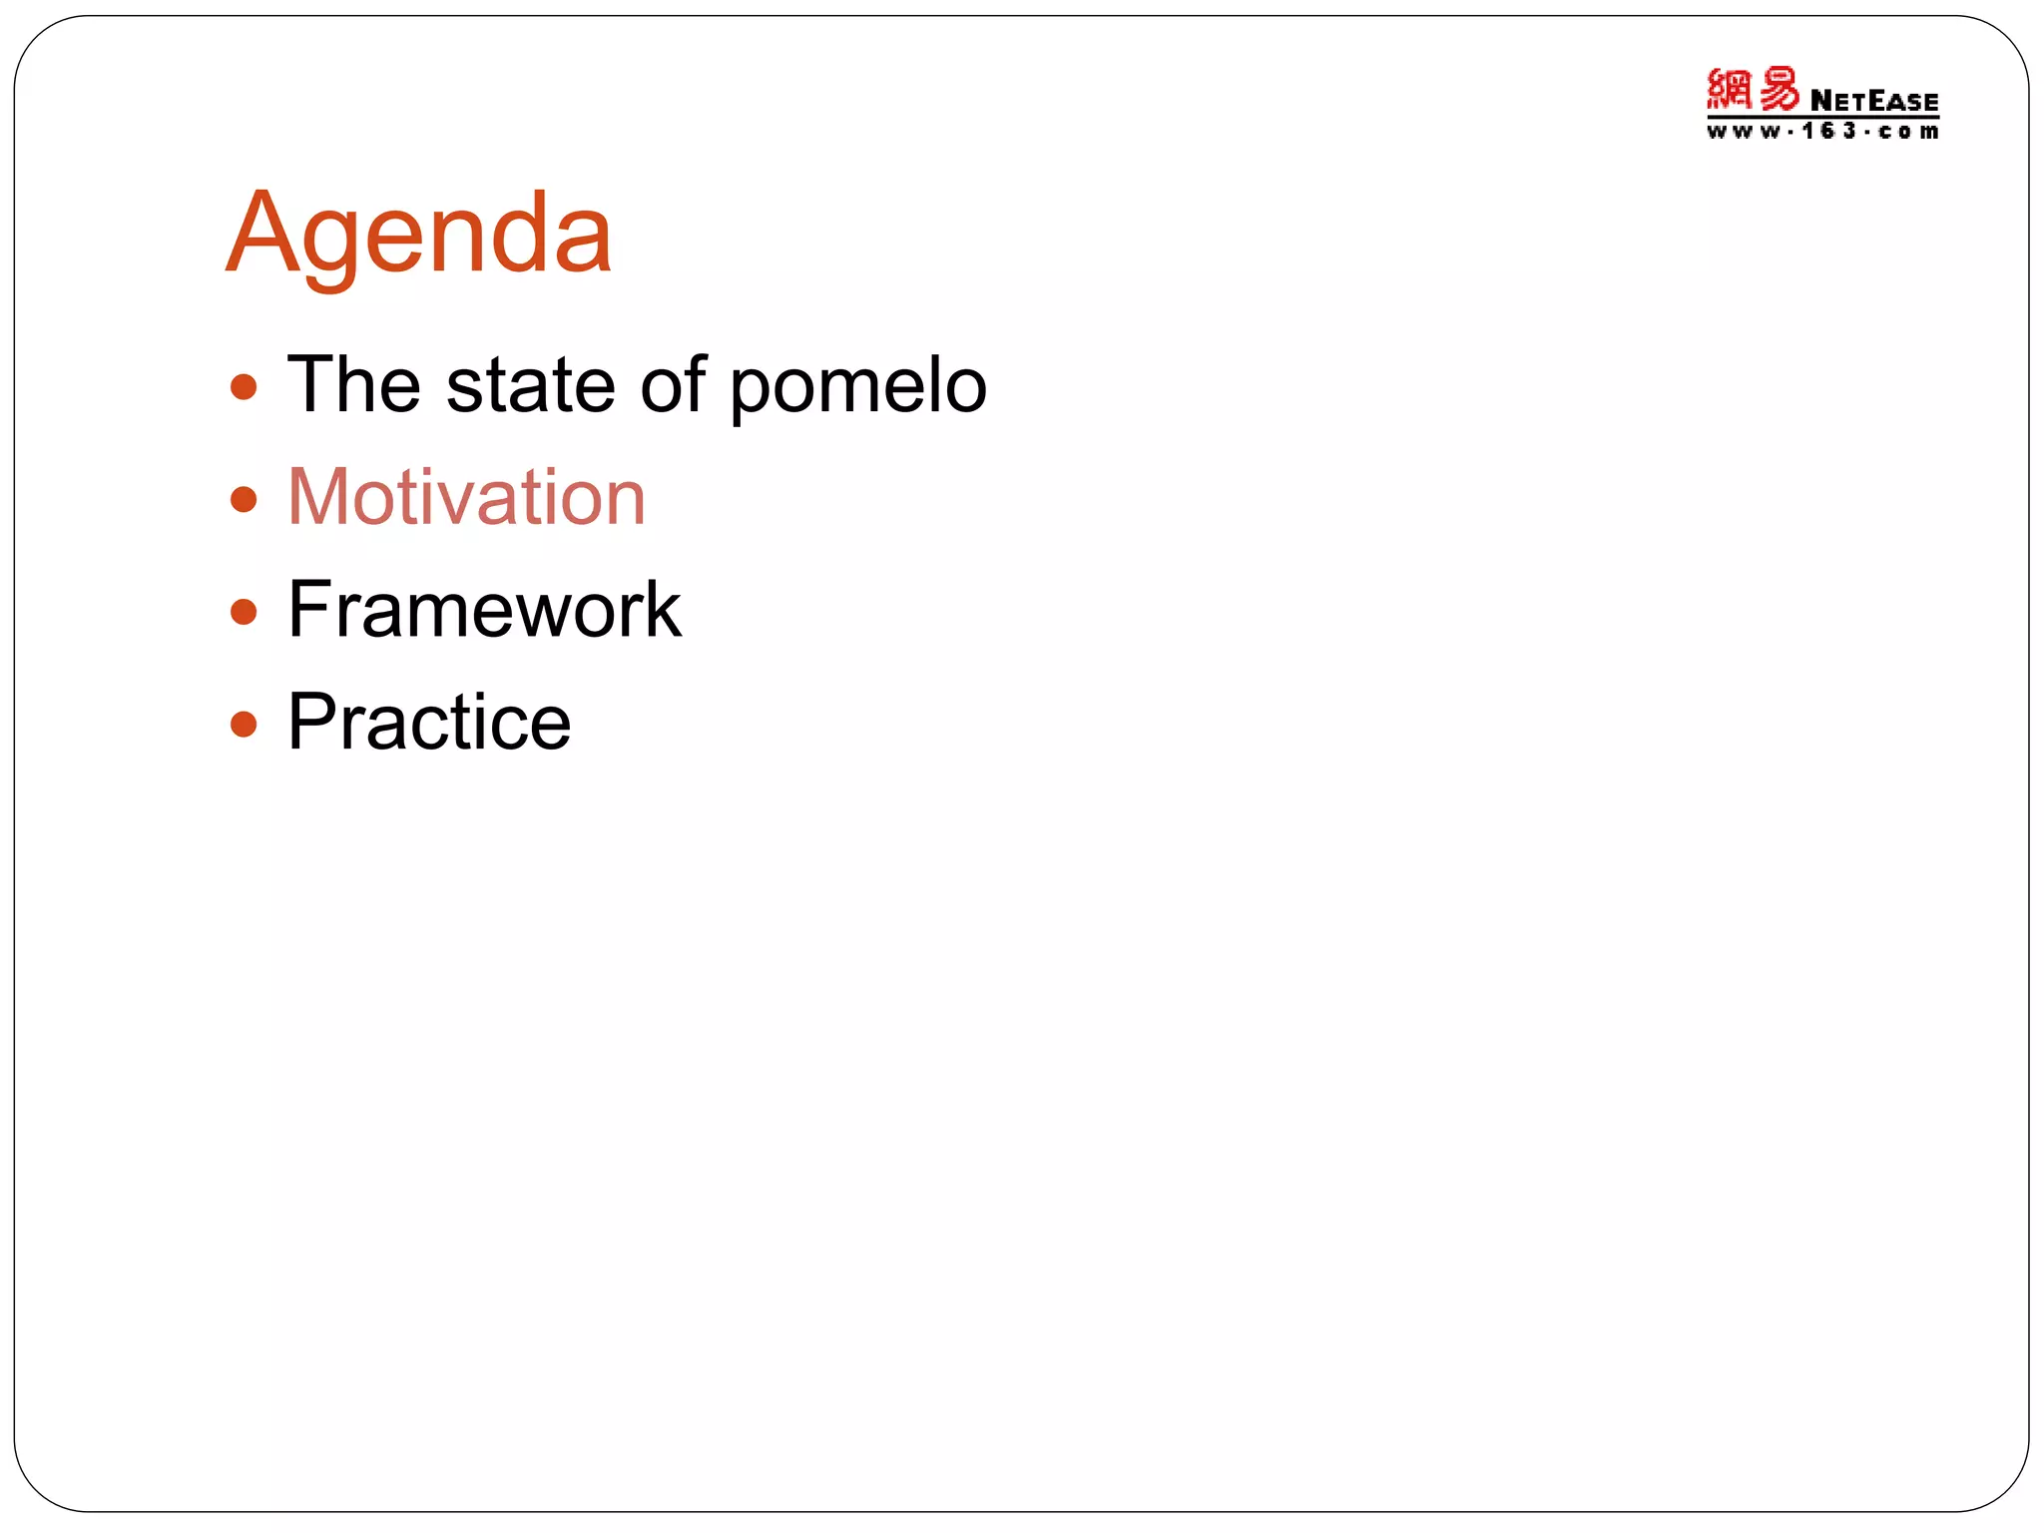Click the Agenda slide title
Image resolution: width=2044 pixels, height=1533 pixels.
(x=419, y=235)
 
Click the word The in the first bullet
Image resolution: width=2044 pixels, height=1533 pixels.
(x=353, y=385)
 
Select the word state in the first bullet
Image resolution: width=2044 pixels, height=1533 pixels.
(x=530, y=385)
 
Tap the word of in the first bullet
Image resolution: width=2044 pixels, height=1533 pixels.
(x=673, y=385)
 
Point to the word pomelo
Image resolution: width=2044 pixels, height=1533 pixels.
(x=858, y=389)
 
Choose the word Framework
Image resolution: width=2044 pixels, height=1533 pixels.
(x=484, y=610)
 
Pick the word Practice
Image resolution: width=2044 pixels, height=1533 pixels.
(x=429, y=722)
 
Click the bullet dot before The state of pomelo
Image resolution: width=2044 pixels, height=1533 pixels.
(x=244, y=387)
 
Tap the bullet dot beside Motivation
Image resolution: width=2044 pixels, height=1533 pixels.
(x=244, y=499)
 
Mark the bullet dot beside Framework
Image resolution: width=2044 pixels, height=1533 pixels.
(x=244, y=611)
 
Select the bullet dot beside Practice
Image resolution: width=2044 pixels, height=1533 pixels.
(x=244, y=723)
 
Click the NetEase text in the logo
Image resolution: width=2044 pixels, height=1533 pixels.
(x=1873, y=101)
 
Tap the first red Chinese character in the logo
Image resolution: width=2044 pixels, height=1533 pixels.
(x=1730, y=89)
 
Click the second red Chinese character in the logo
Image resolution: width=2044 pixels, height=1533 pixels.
(x=1779, y=89)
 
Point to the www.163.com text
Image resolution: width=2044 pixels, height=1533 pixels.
(x=1822, y=131)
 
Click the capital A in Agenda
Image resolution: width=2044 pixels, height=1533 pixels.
(x=261, y=235)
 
